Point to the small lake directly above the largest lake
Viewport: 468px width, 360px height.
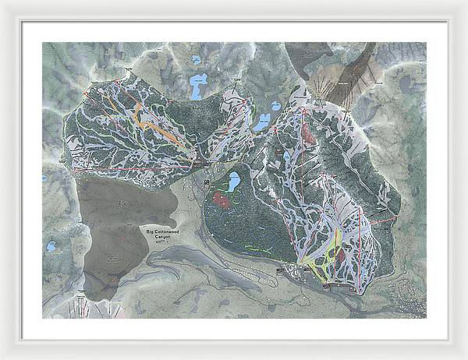[x=196, y=59]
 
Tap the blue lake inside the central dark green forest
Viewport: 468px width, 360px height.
[x=232, y=183]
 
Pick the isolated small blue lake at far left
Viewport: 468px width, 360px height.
[x=51, y=246]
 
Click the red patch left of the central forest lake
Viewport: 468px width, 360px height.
[x=222, y=199]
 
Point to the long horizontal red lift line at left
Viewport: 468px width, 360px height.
[x=133, y=167]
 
